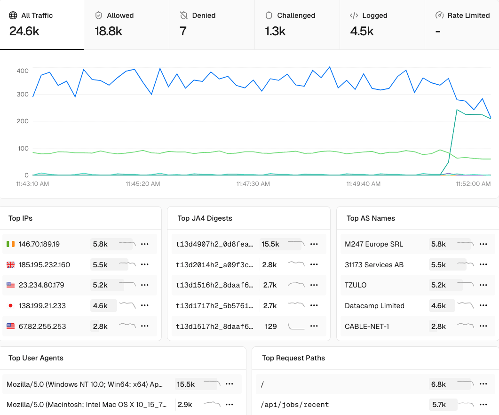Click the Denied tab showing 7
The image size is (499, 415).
(212, 24)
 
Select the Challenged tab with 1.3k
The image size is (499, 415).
(297, 24)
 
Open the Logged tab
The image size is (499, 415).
(382, 24)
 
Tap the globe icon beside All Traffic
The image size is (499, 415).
(13, 16)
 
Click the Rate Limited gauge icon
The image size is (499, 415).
(439, 16)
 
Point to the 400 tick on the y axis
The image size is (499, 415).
(23, 71)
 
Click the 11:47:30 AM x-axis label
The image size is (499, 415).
(253, 184)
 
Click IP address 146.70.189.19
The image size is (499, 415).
(39, 244)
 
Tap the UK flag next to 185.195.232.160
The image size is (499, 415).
(11, 265)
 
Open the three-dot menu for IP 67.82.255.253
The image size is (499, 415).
(145, 326)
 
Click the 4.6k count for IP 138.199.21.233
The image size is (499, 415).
(100, 306)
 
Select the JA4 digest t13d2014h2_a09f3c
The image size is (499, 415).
(215, 265)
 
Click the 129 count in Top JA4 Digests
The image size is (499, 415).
(270, 326)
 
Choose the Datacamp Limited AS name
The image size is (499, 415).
(374, 306)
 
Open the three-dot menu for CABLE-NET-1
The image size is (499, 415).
(483, 326)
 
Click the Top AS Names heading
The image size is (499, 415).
(371, 218)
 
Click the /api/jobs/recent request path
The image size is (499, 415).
(295, 405)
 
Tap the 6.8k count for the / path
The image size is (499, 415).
(438, 384)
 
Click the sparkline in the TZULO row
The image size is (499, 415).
(465, 285)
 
